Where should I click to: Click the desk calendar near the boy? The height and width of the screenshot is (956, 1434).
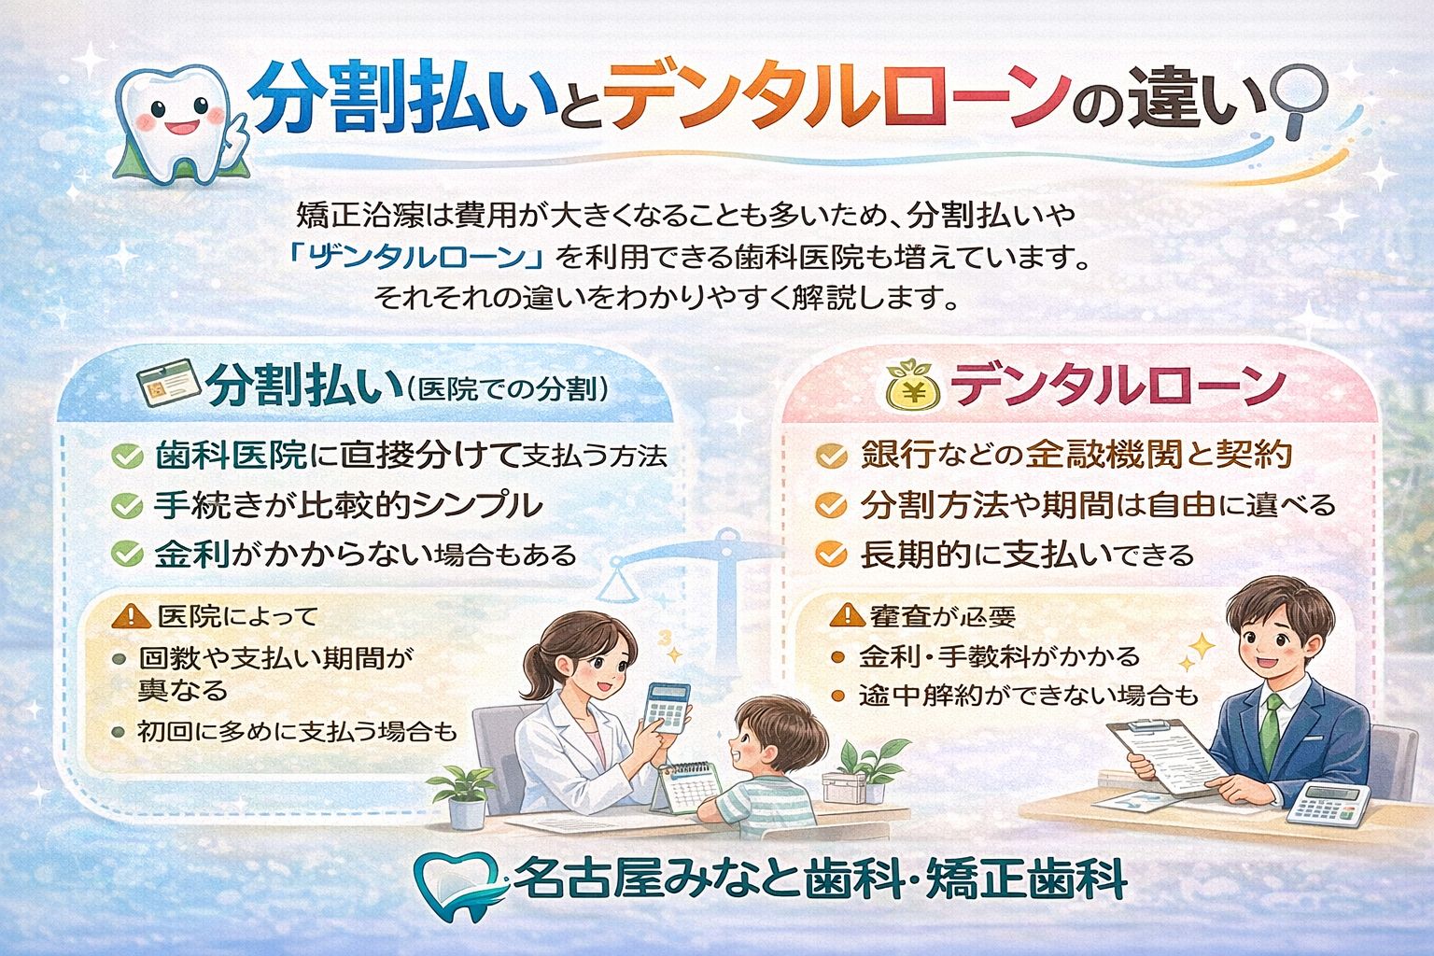686,789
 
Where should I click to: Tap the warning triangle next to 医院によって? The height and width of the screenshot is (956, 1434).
131,616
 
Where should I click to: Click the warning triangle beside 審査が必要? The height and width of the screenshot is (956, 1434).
847,614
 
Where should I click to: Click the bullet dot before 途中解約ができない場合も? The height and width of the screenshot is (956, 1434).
837,696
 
